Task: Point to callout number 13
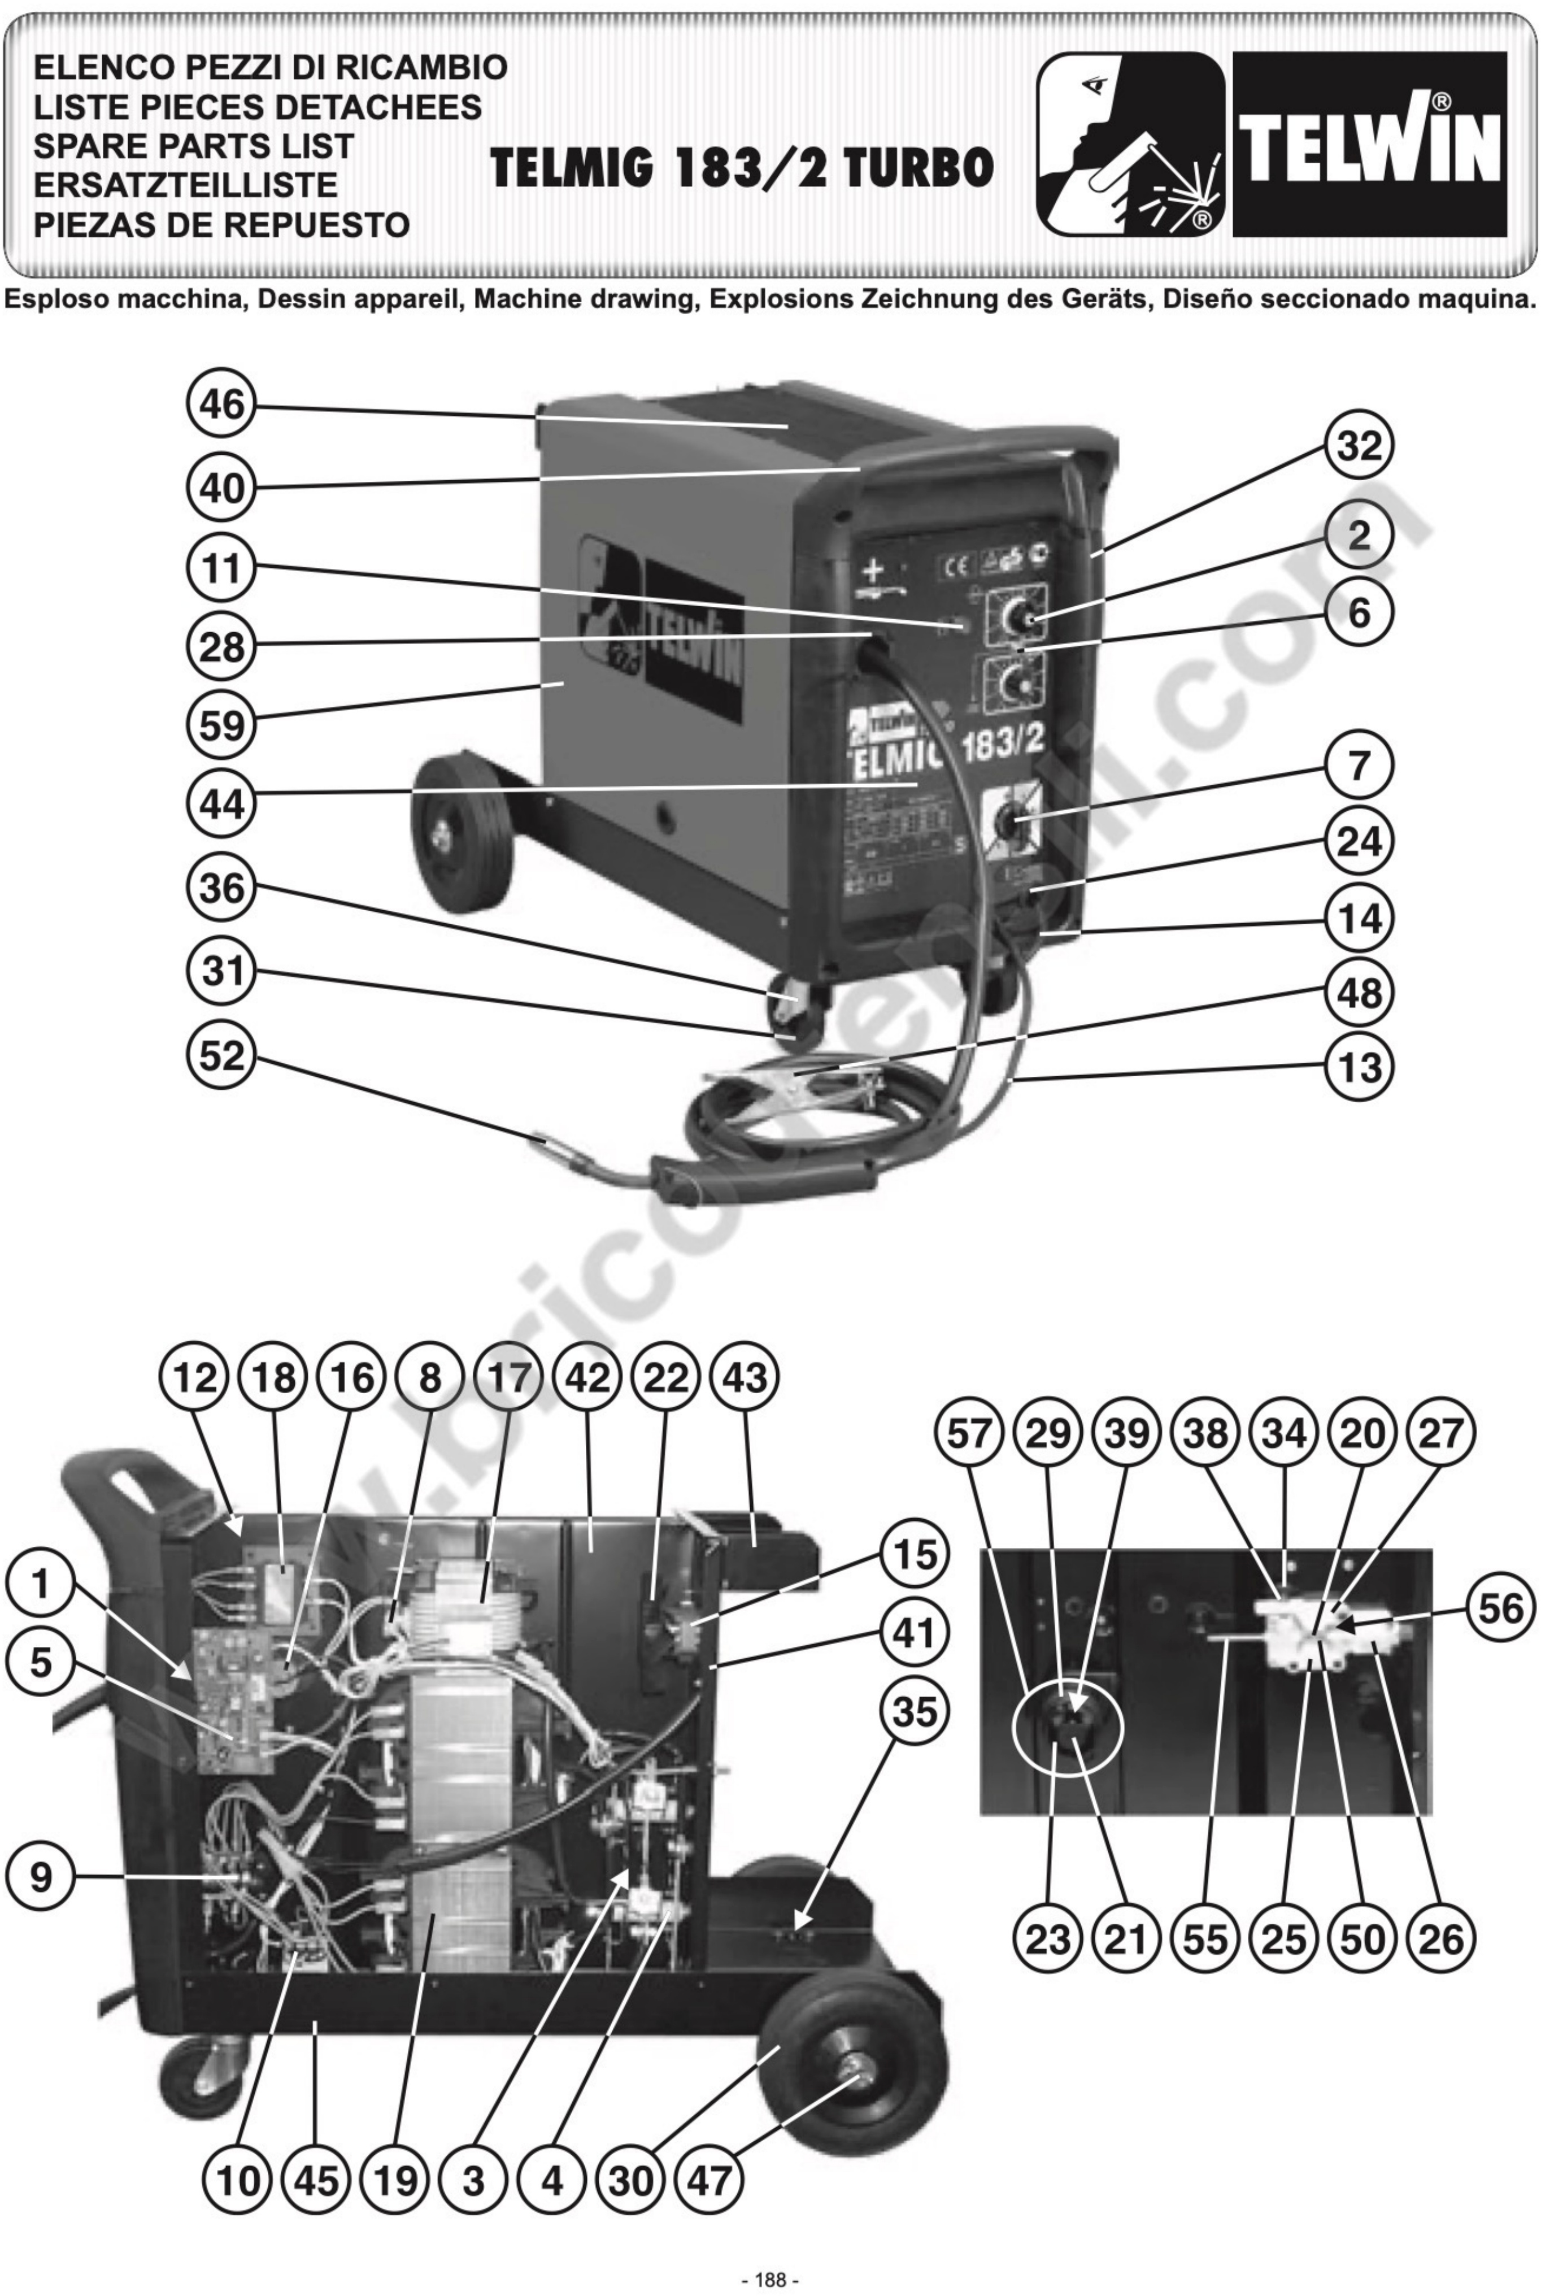[x=1359, y=1067]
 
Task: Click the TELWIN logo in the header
[x=1369, y=145]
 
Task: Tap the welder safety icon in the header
[x=1130, y=145]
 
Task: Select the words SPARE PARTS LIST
[x=194, y=145]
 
